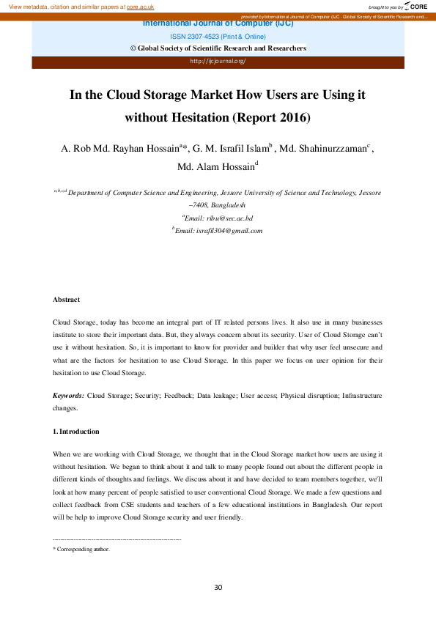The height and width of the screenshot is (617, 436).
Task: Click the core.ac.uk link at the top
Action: click(x=140, y=7)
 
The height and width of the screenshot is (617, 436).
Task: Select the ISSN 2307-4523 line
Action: click(x=218, y=36)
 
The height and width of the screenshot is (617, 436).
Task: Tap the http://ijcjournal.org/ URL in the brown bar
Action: click(x=218, y=61)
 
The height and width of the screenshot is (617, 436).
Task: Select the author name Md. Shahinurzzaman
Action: click(x=323, y=149)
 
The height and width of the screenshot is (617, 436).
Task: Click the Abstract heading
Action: click(x=66, y=300)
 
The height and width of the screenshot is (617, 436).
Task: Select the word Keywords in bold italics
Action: click(x=68, y=395)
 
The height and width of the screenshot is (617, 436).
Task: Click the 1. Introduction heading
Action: click(x=75, y=431)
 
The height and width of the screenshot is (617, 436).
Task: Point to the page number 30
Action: click(x=218, y=587)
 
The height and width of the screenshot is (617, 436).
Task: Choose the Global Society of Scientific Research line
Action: click(x=218, y=48)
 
